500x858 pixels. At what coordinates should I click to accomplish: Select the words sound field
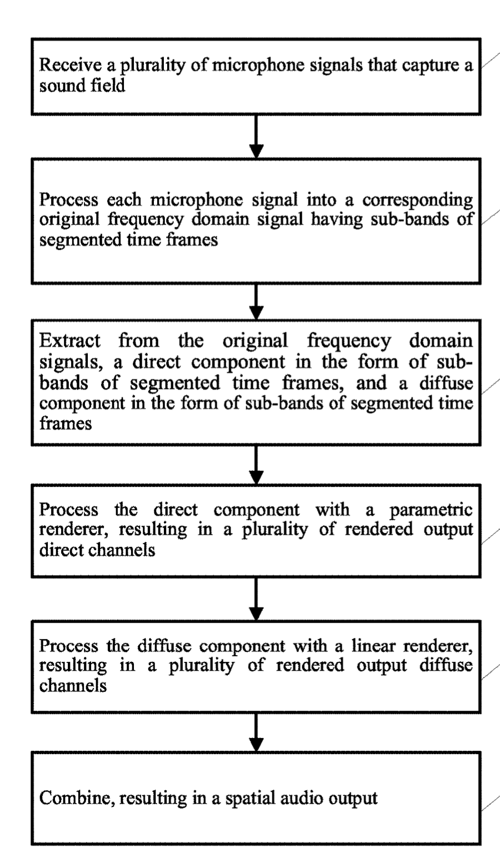click(82, 85)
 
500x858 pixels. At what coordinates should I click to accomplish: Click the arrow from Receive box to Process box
click(256, 136)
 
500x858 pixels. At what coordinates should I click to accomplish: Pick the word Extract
click(69, 341)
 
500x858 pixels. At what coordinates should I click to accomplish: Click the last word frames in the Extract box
click(66, 423)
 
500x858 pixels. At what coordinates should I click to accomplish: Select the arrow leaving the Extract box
click(256, 465)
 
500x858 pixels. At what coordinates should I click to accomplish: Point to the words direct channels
click(97, 550)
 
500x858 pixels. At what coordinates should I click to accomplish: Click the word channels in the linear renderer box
click(73, 686)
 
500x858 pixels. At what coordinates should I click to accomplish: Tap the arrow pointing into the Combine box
click(256, 732)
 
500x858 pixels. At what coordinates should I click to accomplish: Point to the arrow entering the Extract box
click(256, 301)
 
